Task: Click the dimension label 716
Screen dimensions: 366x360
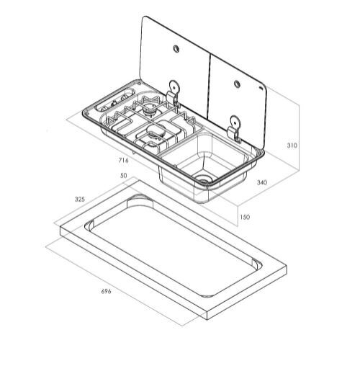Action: click(124, 160)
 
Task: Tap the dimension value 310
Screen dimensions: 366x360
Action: click(292, 146)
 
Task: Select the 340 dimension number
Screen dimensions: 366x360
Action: click(262, 183)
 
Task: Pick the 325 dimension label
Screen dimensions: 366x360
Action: click(80, 198)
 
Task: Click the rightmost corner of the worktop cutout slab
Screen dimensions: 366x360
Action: click(286, 272)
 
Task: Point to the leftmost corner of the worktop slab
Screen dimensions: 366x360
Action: click(58, 231)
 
